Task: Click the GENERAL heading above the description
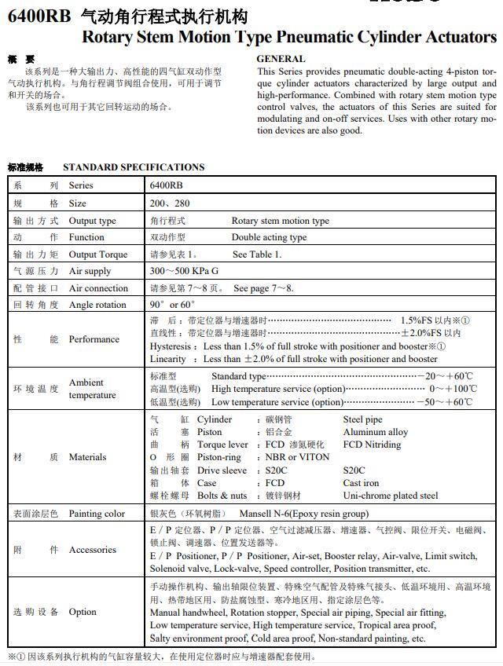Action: pos(281,59)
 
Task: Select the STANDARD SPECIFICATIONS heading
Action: pos(134,166)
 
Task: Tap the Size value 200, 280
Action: pos(170,203)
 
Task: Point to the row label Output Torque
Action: pos(98,254)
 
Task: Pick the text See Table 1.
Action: pos(257,254)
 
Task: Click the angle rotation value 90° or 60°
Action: pos(172,305)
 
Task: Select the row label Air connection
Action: pos(98,288)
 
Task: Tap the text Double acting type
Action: pos(269,237)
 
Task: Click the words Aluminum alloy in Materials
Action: pos(376,432)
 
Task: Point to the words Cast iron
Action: pos(361,483)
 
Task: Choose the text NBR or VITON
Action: pos(297,457)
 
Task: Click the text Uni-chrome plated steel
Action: pos(391,496)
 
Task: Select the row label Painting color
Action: pos(97,514)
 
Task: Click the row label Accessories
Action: pos(92,550)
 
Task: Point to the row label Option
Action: pos(83,612)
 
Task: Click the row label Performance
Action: pos(94,339)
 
